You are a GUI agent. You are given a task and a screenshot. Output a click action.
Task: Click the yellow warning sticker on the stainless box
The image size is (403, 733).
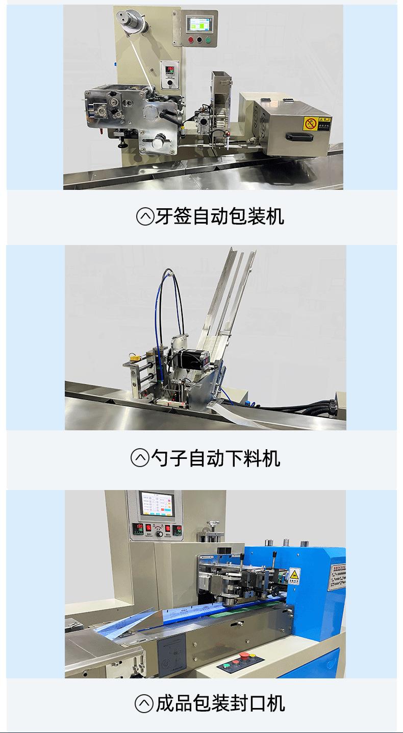[x=310, y=123]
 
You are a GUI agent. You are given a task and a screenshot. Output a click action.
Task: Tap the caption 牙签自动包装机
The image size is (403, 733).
[x=218, y=216]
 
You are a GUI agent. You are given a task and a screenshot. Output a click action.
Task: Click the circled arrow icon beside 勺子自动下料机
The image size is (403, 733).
[x=140, y=458]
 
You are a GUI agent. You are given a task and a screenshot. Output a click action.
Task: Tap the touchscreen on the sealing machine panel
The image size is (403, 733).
[x=155, y=505]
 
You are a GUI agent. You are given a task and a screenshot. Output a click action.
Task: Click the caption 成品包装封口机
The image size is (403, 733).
[x=220, y=704]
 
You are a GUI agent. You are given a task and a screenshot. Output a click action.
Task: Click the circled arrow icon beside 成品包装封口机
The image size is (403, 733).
[x=144, y=704]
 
